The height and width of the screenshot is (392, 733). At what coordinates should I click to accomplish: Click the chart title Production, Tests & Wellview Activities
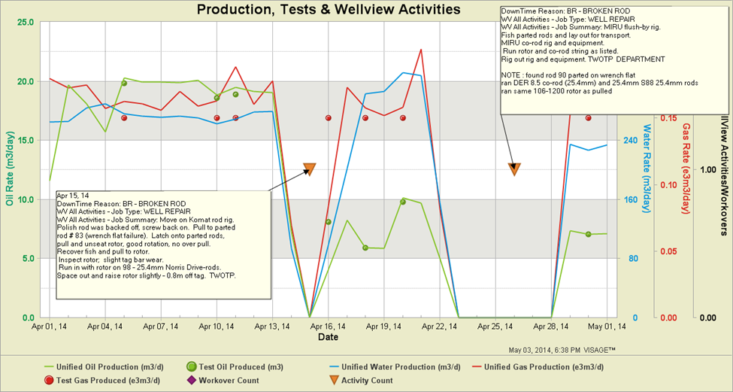tap(328, 10)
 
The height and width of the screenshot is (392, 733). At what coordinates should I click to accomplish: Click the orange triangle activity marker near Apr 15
tap(310, 169)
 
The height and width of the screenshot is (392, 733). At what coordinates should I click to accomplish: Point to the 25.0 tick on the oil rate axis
tap(24, 22)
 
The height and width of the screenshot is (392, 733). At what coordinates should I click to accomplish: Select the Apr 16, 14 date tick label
tap(329, 327)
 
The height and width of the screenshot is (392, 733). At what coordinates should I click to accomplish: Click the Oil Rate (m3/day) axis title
tap(10, 170)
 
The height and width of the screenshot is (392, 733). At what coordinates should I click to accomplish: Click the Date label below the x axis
tap(328, 338)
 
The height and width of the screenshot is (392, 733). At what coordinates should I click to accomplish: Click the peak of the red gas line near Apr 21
tap(421, 50)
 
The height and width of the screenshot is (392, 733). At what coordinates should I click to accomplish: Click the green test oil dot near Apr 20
tap(403, 202)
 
